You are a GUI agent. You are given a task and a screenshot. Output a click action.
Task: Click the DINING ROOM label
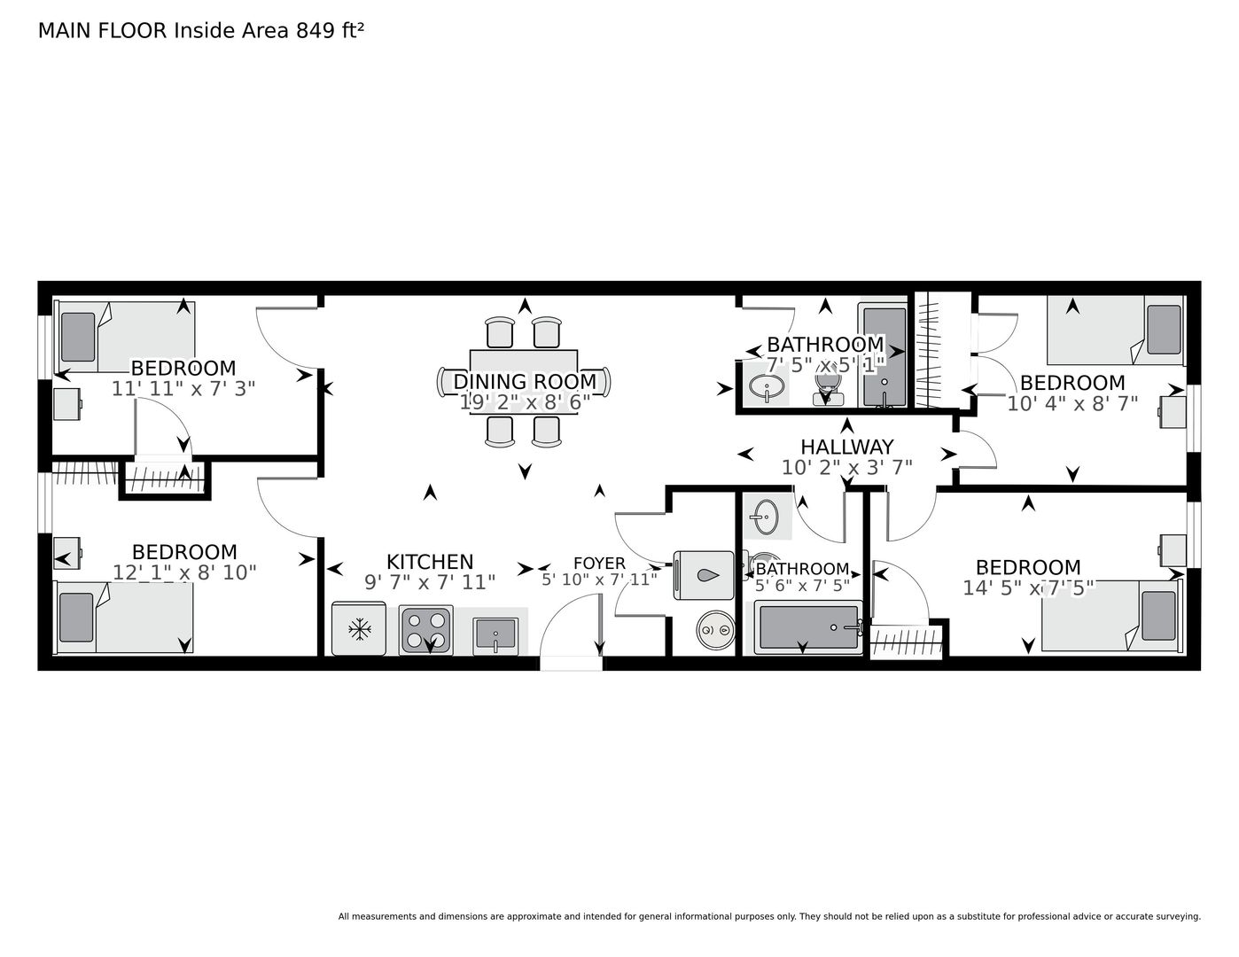[x=525, y=381]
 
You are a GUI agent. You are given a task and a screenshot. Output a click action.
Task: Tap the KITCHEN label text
[x=430, y=562]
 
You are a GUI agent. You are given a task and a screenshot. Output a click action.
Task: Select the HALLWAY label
[x=846, y=447]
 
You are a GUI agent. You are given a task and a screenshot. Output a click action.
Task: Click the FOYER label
[x=599, y=564]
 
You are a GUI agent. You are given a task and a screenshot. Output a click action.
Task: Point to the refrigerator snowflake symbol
[x=359, y=629]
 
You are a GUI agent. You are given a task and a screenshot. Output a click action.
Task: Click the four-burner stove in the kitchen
[x=426, y=629]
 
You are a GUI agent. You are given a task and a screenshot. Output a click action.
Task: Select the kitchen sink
[x=495, y=635]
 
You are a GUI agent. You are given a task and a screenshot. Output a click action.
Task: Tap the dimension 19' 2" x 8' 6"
[x=525, y=402]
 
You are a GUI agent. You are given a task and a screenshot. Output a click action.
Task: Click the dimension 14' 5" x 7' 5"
[x=1028, y=587]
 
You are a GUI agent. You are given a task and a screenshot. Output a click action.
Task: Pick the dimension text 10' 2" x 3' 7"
[x=846, y=467]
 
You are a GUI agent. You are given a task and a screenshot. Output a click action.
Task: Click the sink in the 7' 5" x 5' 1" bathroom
[x=767, y=389]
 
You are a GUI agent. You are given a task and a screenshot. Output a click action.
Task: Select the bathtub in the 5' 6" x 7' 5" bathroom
[x=808, y=627]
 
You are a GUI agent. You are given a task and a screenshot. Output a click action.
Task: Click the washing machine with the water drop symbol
[x=704, y=575]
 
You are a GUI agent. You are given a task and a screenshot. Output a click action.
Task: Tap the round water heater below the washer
[x=715, y=630]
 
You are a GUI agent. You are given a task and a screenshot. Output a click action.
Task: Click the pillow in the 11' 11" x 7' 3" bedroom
[x=78, y=337]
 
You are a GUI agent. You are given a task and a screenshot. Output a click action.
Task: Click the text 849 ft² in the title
[x=330, y=30]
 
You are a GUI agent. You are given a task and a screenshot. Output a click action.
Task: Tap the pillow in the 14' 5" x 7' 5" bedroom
[x=1158, y=616]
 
